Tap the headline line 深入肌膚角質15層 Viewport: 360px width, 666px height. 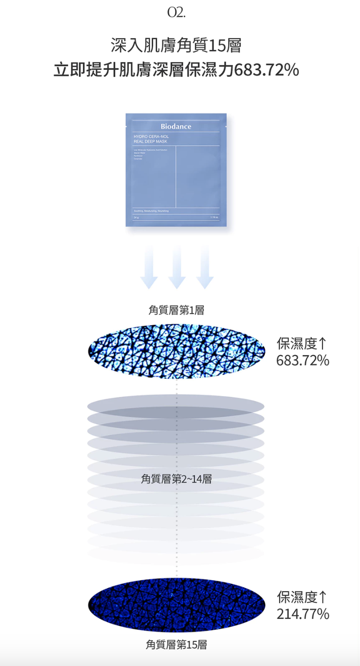click(176, 46)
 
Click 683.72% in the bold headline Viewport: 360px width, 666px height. click(266, 70)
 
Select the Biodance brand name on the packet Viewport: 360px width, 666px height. click(176, 126)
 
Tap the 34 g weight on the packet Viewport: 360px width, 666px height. click(135, 217)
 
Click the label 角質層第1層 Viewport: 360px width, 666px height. click(176, 310)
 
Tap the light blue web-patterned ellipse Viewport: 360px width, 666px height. click(176, 351)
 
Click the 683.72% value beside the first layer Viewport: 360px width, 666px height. click(303, 361)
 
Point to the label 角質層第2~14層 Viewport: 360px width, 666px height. click(176, 479)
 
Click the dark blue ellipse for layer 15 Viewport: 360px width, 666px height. click(176, 605)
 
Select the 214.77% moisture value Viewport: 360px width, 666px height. click(303, 614)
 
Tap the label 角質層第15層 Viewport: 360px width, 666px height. click(176, 645)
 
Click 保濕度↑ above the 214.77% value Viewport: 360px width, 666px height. click(302, 597)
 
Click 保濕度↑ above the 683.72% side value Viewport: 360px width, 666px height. click(302, 344)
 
